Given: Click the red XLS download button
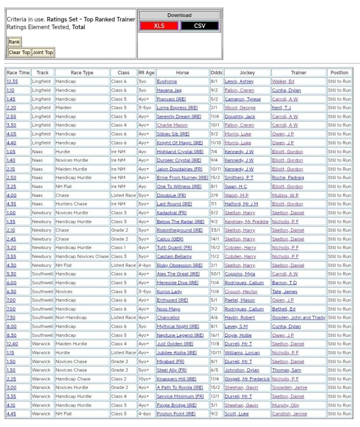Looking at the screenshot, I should click(x=159, y=26).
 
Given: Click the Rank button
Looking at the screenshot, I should click(x=14, y=42).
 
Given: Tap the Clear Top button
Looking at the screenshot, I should click(x=20, y=53).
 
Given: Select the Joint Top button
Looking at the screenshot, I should click(x=43, y=53).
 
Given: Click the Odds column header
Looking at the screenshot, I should click(x=216, y=73).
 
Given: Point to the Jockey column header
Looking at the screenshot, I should click(x=247, y=73).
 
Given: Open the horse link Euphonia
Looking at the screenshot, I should click(x=167, y=81).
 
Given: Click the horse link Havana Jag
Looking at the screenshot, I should click(x=169, y=90).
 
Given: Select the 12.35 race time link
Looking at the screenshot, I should click(x=12, y=81).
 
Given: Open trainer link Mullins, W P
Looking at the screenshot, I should click(x=285, y=195).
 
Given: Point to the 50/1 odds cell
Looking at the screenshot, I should click(x=216, y=274).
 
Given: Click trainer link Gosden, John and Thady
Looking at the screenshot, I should click(x=299, y=318).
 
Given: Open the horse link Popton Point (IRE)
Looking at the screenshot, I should click(x=176, y=414).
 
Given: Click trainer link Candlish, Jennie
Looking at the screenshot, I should click(x=289, y=414).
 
